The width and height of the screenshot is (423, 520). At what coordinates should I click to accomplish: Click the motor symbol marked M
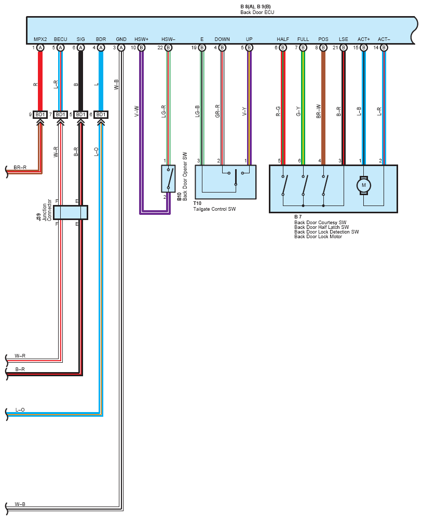click(364, 185)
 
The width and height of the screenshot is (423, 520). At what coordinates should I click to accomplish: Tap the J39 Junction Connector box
click(71, 213)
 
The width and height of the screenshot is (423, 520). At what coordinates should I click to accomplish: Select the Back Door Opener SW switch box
click(168, 179)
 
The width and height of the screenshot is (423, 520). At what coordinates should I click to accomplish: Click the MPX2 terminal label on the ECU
click(40, 39)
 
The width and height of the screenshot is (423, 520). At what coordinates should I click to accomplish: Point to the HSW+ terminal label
click(141, 39)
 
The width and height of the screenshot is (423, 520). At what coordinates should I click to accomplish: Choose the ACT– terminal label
click(384, 39)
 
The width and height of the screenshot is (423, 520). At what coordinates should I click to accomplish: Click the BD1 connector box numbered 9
click(40, 114)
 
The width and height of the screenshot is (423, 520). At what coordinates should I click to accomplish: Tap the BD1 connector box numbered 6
click(101, 114)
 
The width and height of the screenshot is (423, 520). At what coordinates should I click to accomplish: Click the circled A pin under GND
click(121, 48)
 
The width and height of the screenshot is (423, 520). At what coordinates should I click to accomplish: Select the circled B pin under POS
click(323, 48)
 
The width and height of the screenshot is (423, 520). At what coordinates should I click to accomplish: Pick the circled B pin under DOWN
click(222, 48)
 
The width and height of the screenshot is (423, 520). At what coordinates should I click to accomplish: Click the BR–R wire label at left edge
click(20, 168)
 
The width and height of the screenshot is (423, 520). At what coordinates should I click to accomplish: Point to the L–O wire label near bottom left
click(20, 410)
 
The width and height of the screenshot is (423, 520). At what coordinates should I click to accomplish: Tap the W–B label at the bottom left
click(20, 504)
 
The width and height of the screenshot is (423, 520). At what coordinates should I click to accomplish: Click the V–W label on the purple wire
click(137, 111)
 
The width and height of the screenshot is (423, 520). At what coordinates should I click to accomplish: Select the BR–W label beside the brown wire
click(319, 111)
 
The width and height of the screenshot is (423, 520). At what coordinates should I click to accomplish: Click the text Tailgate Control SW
click(215, 209)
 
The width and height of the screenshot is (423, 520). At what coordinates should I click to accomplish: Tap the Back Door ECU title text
click(257, 12)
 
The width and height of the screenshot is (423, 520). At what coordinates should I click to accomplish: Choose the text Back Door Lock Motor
click(318, 237)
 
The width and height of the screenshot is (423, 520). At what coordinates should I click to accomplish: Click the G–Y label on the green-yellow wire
click(298, 111)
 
